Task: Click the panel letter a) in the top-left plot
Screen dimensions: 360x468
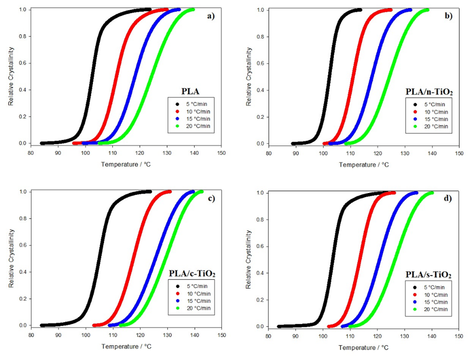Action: pos(211,16)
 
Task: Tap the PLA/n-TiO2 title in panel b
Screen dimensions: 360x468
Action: pos(429,92)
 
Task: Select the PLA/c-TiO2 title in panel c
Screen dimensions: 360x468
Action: pos(192,273)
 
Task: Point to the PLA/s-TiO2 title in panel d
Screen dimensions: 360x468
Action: pos(428,275)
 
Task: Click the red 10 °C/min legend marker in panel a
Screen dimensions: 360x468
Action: pos(177,112)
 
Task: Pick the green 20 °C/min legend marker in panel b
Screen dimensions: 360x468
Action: pos(415,126)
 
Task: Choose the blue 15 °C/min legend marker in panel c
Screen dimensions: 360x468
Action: pos(178,301)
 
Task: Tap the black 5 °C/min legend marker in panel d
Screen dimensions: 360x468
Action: pos(415,287)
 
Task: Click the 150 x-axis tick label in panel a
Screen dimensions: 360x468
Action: pos(221,153)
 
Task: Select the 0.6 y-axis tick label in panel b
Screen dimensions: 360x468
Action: pos(261,64)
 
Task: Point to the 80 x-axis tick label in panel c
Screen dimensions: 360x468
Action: pos(31,335)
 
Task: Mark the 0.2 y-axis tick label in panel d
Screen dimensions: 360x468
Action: pos(260,300)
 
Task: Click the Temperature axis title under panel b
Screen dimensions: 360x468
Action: pos(364,165)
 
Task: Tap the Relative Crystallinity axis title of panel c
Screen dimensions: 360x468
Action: pos(11,258)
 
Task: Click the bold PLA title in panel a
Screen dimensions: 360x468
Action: pos(190,92)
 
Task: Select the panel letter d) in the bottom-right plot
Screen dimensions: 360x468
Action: pos(448,198)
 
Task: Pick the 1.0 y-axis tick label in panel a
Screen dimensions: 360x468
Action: pos(23,10)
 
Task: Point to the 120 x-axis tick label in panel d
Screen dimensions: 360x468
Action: pos(377,336)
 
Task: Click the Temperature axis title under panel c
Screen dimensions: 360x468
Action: pos(126,346)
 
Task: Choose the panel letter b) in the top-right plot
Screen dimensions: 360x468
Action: pos(448,16)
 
